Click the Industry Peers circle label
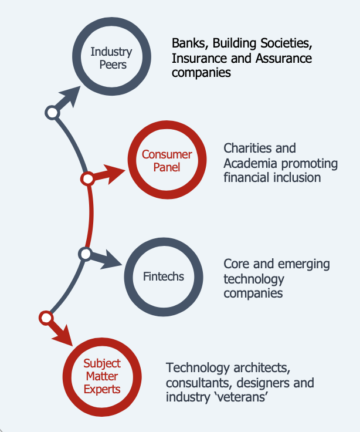click(111, 58)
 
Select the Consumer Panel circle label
click(167, 161)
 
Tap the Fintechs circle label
click(164, 276)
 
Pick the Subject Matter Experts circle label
click(102, 376)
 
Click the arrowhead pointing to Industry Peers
click(70, 95)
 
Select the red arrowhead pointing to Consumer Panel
click(114, 174)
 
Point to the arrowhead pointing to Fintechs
click(111, 260)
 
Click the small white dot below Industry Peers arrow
click(52, 113)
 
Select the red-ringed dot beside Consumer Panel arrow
click(88, 179)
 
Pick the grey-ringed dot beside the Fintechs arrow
click(86, 254)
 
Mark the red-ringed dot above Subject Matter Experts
click(46, 318)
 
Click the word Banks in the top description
click(190, 43)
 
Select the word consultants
click(199, 383)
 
